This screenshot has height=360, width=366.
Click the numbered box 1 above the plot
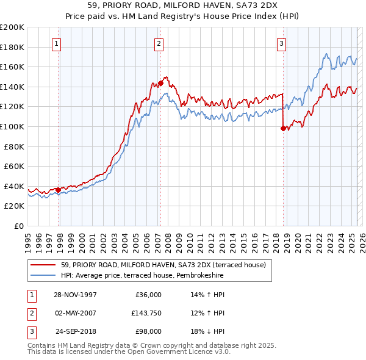point(56,43)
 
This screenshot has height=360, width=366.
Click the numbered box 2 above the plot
point(158,43)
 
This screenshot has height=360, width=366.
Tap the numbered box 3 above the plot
point(281,43)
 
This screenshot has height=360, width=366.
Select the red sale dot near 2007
point(160,83)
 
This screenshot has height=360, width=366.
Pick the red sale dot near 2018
point(283,128)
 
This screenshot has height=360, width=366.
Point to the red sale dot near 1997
point(59,190)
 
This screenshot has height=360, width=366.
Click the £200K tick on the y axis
point(12,27)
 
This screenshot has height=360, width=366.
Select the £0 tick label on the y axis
point(18,226)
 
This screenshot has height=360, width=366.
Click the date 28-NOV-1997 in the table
point(76,294)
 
